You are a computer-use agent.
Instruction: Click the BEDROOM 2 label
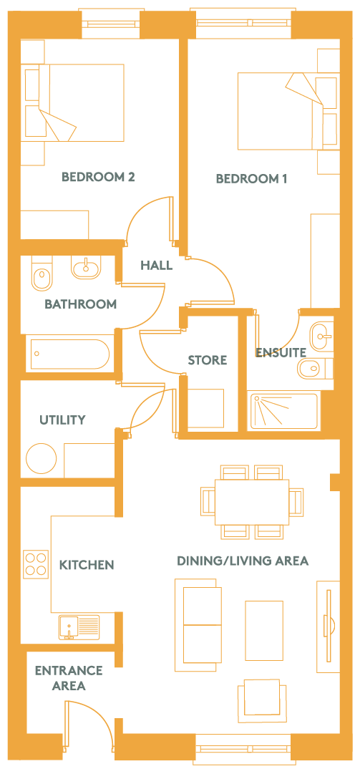point(98,177)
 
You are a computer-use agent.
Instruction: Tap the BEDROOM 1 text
point(251,179)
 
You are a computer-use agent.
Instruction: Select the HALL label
point(156,266)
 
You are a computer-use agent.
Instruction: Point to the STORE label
point(208,360)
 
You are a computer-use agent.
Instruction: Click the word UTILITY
point(63,420)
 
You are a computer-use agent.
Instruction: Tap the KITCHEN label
point(87,565)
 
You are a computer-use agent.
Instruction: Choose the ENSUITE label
point(281,352)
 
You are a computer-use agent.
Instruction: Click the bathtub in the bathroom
point(68,354)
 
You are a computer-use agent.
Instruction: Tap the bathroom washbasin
point(86,267)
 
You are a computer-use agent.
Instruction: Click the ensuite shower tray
point(284,411)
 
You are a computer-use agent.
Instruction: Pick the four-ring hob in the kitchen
point(36,564)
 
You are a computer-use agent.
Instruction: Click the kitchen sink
point(79,627)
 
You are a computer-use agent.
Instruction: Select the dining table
point(252,501)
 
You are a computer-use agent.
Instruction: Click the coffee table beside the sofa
point(264,630)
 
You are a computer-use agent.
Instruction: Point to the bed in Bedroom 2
point(73,102)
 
